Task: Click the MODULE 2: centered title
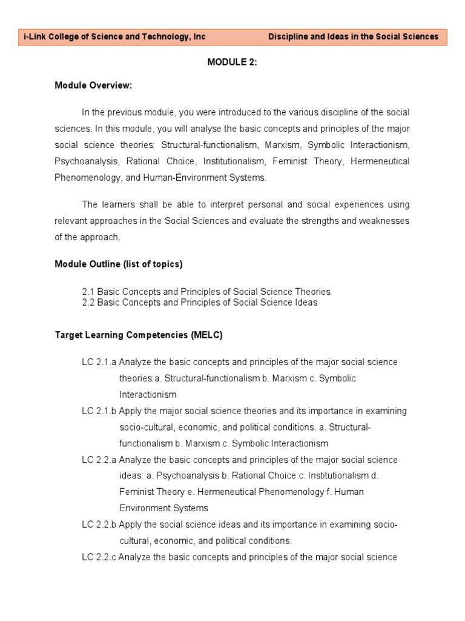(x=232, y=62)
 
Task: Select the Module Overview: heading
(x=93, y=86)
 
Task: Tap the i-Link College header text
(x=114, y=37)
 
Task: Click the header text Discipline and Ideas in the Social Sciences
(x=353, y=37)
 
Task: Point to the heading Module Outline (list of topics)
(x=118, y=264)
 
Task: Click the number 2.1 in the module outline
(x=88, y=292)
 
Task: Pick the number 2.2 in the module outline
(x=88, y=302)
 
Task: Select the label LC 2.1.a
(x=99, y=362)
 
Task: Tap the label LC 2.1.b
(x=99, y=411)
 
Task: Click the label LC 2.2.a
(x=99, y=460)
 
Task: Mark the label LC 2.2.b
(x=99, y=525)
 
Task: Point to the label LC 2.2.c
(x=99, y=557)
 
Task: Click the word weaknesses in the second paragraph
(x=386, y=221)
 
